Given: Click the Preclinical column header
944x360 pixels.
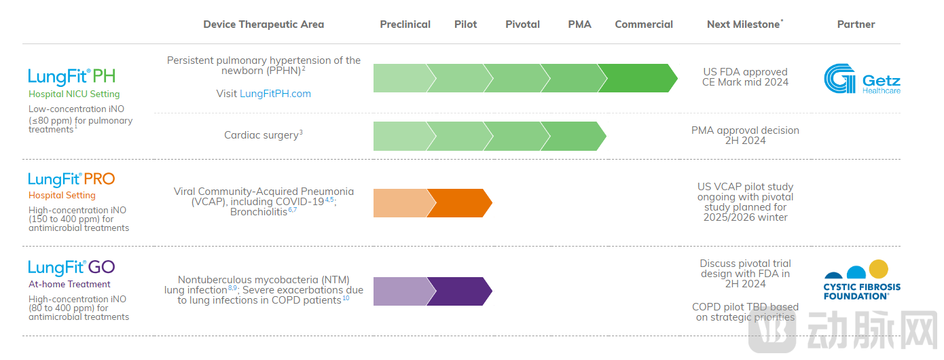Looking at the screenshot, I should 405,24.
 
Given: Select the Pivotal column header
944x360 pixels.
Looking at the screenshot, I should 522,24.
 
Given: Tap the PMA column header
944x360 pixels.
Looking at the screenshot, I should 579,24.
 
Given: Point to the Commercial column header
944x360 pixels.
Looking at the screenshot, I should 644,24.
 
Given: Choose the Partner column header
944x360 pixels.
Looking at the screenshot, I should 856,24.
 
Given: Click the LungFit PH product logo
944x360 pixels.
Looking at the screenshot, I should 71,76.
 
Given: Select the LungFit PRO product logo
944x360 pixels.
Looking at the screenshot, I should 71,179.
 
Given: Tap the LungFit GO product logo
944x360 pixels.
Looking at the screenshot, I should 71,267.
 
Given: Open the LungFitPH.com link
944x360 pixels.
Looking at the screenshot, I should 275,94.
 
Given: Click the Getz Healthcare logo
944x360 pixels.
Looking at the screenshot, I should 861,79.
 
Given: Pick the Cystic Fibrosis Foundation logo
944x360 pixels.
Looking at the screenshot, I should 861,280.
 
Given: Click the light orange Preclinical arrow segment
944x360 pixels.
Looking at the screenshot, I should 402,203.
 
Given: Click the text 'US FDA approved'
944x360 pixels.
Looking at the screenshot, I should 745,72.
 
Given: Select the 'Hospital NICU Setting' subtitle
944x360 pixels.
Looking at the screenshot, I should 74,94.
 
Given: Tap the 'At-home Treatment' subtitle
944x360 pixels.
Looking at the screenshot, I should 69,285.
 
